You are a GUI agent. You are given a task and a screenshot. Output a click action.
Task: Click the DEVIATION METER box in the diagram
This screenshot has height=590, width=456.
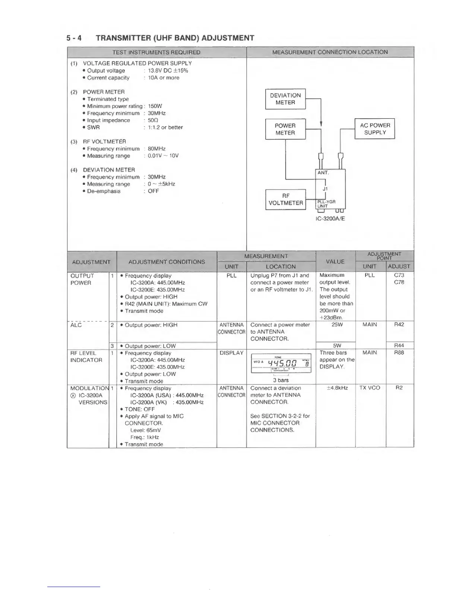285,99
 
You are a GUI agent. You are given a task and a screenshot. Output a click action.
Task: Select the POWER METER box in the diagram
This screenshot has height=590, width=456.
285,129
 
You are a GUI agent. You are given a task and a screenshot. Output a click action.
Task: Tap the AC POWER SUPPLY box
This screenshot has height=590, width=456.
374,129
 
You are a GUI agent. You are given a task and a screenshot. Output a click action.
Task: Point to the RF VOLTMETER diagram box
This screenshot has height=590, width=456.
285,199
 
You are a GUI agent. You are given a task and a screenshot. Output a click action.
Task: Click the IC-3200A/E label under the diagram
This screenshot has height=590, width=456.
330,219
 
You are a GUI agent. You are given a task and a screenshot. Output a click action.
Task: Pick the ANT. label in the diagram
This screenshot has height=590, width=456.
323,173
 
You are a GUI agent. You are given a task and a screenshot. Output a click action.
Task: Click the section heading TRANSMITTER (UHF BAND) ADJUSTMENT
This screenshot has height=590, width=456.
175,38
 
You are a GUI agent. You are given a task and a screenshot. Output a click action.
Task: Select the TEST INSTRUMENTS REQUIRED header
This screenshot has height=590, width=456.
156,52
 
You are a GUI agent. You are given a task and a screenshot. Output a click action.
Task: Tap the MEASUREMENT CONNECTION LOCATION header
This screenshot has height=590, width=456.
330,52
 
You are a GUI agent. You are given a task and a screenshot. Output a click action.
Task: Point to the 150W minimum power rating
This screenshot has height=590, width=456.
155,106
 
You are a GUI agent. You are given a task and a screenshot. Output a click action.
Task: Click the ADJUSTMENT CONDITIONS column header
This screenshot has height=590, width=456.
167,262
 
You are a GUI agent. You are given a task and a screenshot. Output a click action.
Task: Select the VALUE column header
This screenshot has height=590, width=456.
335,261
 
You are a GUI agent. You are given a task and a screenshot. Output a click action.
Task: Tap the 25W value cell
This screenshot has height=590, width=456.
337,324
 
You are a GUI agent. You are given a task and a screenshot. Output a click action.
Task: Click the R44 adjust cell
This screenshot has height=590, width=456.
399,346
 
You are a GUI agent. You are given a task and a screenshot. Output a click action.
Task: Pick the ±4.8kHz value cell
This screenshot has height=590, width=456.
337,388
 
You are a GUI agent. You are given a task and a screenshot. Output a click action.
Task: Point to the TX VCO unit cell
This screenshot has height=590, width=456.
370,388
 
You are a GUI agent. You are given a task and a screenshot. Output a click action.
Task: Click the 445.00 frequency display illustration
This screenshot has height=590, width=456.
281,363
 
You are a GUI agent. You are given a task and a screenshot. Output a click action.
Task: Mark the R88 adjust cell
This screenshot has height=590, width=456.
399,352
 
